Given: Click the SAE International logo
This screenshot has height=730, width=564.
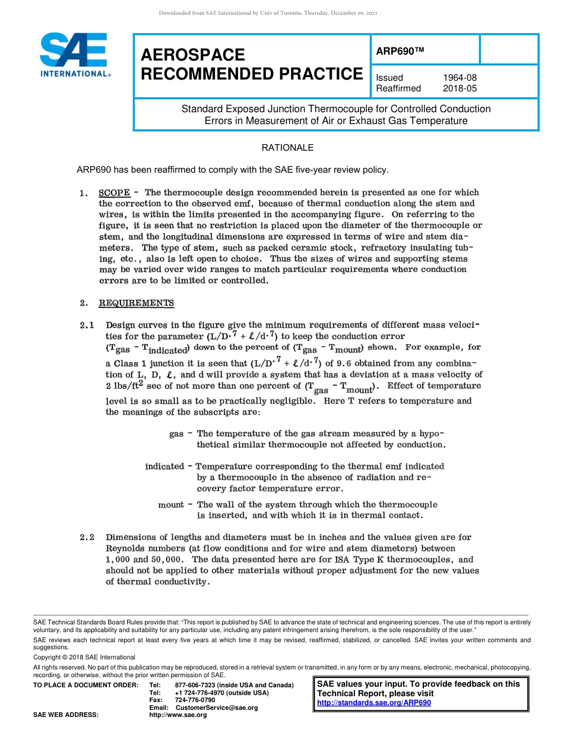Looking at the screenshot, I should [74, 55].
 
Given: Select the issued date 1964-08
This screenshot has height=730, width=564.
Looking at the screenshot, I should [460, 78].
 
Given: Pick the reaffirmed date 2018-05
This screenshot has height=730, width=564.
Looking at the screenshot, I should [460, 88].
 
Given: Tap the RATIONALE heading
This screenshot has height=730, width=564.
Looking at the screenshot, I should [287, 148].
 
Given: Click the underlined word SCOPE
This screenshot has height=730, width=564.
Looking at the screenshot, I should [114, 192].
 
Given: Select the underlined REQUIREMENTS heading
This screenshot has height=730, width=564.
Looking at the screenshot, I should [136, 303].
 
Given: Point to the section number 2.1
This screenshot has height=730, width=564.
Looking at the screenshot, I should [87, 325].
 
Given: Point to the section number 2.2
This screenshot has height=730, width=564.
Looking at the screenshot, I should [87, 538].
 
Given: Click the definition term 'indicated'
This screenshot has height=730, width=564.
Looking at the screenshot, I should [164, 466].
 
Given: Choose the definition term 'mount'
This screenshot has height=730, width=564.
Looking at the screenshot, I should [170, 504].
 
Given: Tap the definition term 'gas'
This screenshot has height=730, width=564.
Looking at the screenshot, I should [176, 434].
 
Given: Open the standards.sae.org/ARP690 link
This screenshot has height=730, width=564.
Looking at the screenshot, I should [374, 703].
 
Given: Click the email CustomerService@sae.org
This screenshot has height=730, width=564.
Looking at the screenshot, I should [217, 708].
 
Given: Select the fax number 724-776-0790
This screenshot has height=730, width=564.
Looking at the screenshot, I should [195, 700].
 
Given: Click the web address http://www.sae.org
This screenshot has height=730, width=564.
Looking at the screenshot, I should [178, 715].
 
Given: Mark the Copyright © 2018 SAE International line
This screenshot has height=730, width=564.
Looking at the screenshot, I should [84, 657].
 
